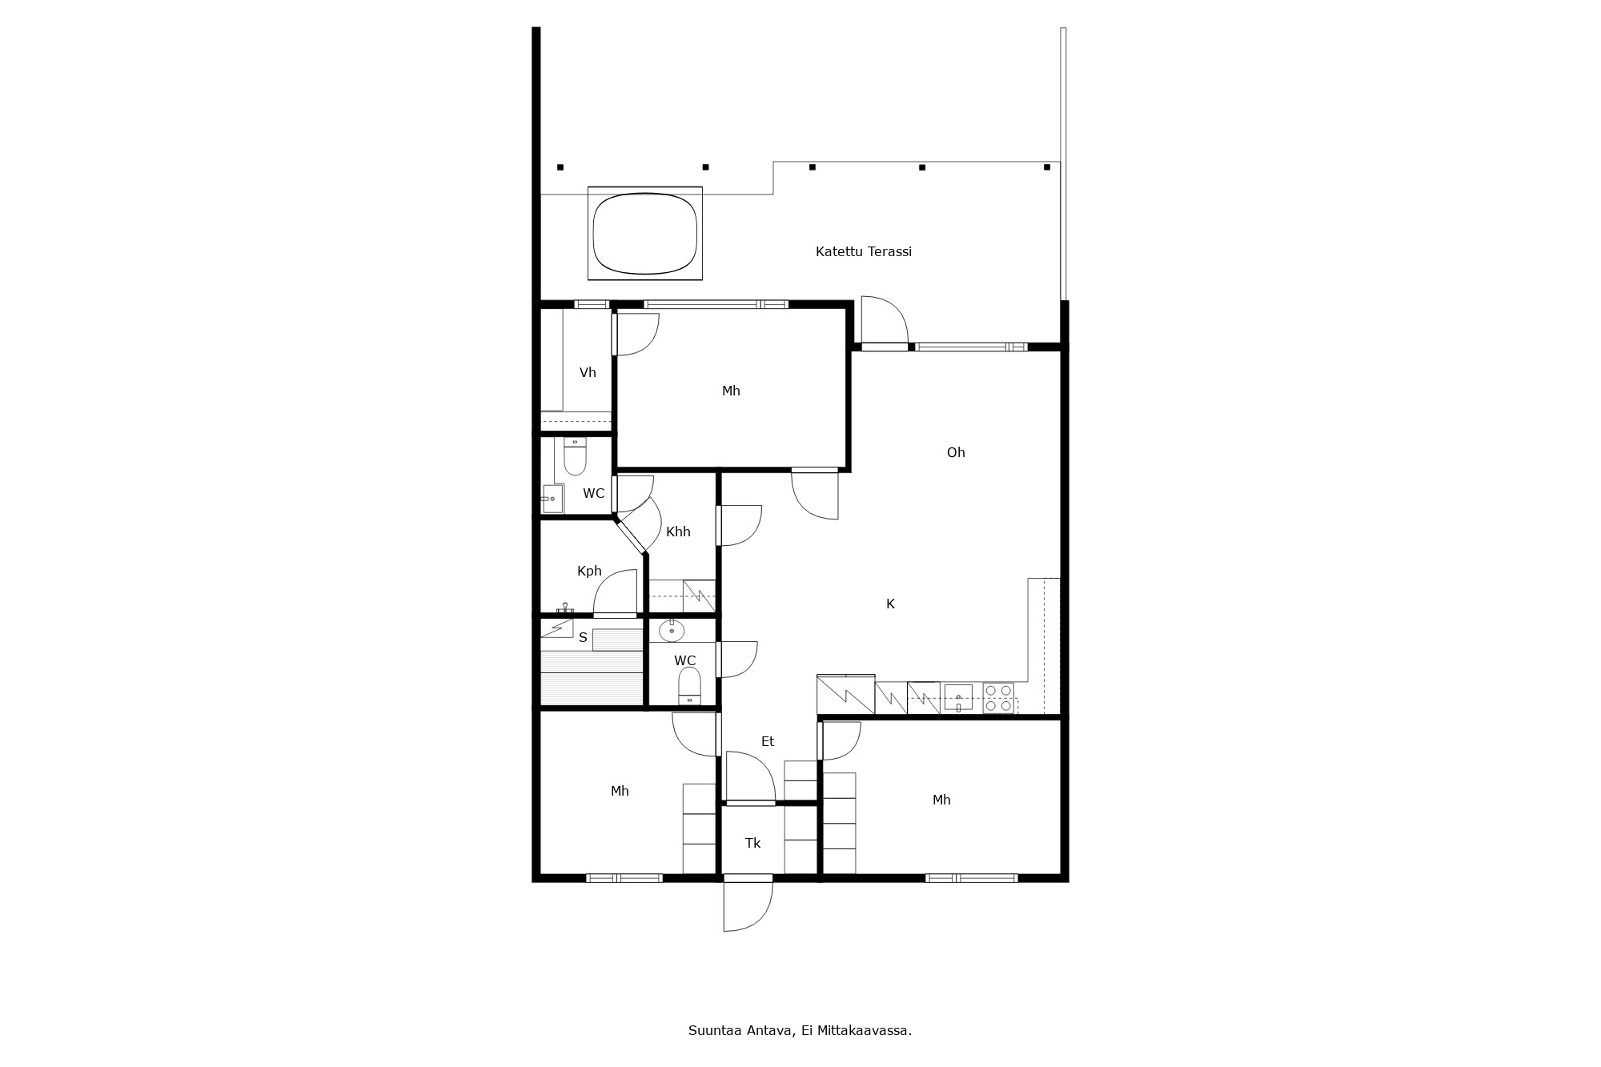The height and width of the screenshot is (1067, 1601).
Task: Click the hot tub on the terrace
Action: tap(645, 233)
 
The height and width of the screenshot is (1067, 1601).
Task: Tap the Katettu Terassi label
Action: tap(864, 251)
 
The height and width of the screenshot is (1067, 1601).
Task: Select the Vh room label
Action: tap(588, 372)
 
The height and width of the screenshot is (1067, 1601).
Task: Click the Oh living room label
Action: tap(956, 452)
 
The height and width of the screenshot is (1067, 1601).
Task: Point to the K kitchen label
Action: tap(890, 604)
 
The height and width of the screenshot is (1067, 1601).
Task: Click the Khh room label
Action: tap(678, 531)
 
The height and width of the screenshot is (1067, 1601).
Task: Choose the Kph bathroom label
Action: tap(589, 571)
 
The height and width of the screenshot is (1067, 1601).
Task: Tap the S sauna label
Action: tap(583, 637)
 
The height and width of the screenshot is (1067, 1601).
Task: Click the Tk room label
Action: tap(752, 843)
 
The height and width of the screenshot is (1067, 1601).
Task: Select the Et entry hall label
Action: tap(768, 741)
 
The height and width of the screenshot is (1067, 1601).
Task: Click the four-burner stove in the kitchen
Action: tap(998, 697)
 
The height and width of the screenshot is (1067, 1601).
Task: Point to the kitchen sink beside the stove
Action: tap(958, 697)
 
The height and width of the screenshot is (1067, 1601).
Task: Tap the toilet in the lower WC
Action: tap(689, 687)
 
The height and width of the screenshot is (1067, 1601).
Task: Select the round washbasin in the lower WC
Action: tap(672, 631)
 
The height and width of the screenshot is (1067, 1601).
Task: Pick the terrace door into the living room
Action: tap(885, 322)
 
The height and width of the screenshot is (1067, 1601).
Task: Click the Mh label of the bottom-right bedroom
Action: tap(941, 800)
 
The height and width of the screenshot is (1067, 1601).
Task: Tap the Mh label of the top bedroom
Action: tap(731, 391)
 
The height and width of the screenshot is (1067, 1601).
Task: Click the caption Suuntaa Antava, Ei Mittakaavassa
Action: tap(800, 1030)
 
